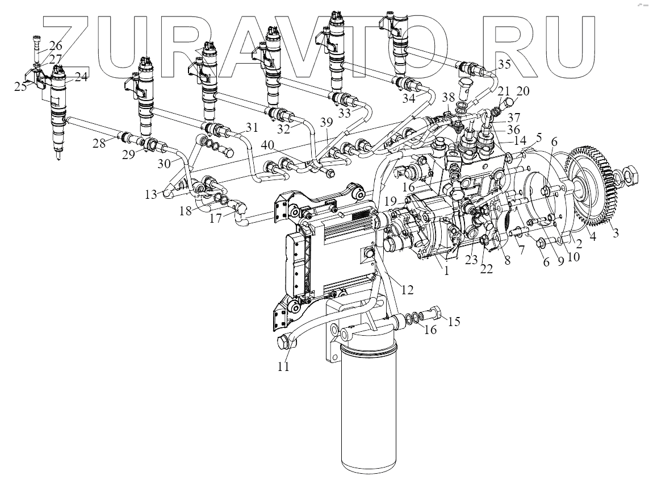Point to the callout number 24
(x=81, y=77)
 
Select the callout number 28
(x=99, y=144)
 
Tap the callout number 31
(x=251, y=127)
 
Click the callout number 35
(x=503, y=63)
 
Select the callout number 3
(x=613, y=232)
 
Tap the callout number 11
(x=283, y=366)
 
